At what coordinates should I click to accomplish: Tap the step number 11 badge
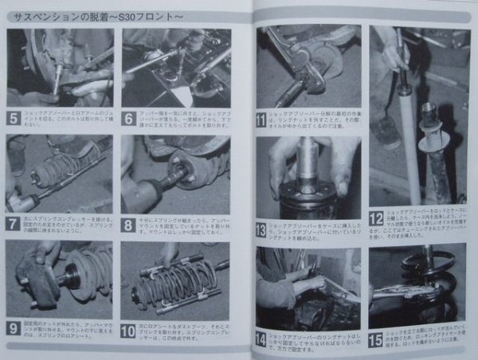pyautogui.click(x=263, y=123)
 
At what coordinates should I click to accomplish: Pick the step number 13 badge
pyautogui.click(x=263, y=231)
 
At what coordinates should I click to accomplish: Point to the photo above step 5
pyautogui.click(x=60, y=68)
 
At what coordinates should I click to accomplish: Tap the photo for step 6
pyautogui.click(x=175, y=68)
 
